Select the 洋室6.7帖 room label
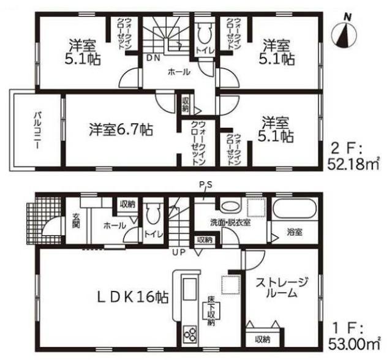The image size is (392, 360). point(121,129)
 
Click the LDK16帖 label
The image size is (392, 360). point(133,297)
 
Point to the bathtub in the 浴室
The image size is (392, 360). point(294,209)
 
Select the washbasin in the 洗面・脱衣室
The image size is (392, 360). point(230,206)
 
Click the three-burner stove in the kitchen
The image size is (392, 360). point(190,334)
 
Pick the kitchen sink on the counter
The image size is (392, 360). point(190,289)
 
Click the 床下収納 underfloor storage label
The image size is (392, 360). point(211,312)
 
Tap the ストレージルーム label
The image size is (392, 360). point(281,288)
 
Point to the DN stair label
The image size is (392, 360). point(153,58)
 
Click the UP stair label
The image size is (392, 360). point(179,253)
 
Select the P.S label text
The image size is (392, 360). point(206,185)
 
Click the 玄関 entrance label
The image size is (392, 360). point(76,220)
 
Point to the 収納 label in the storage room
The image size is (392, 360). point(263,340)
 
